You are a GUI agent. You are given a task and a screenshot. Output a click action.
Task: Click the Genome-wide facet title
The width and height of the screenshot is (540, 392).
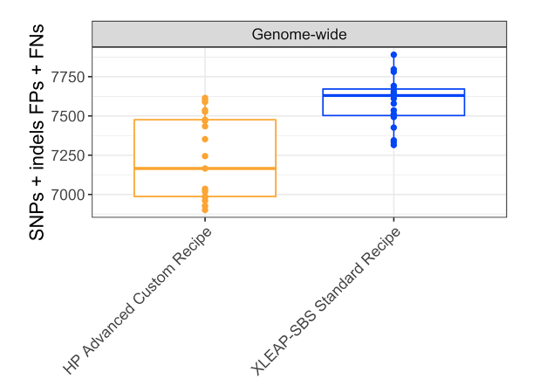click(x=299, y=35)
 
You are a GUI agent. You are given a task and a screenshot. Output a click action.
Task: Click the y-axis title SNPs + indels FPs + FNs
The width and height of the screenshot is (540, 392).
click(x=38, y=131)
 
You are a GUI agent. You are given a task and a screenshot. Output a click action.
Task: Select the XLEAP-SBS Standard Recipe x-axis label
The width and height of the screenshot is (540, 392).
click(x=326, y=301)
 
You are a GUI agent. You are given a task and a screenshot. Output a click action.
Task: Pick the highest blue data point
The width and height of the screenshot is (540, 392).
click(x=393, y=55)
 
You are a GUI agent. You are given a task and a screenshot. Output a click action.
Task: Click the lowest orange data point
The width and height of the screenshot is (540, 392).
click(x=205, y=210)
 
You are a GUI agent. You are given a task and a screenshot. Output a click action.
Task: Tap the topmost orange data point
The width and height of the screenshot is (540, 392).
click(x=205, y=98)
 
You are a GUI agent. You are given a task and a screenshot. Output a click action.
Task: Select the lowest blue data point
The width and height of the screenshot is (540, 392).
click(x=393, y=144)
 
